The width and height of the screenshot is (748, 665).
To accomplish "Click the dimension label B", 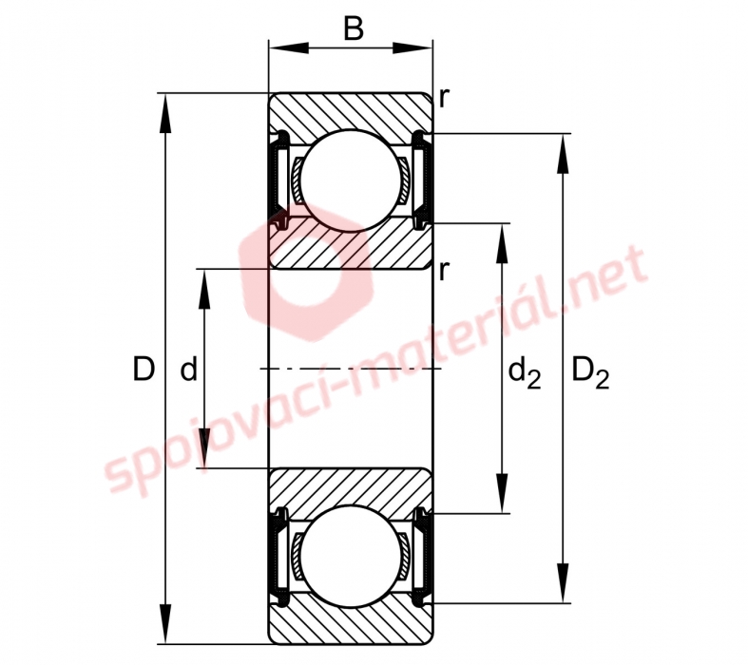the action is [x=353, y=29].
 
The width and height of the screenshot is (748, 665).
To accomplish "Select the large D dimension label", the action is [x=144, y=369].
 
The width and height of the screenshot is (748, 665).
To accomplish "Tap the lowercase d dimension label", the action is [x=189, y=369].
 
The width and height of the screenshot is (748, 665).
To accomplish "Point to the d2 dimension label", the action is [x=525, y=373].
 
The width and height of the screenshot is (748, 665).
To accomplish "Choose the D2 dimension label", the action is [x=590, y=373].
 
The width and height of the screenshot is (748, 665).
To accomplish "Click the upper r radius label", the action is [x=444, y=98].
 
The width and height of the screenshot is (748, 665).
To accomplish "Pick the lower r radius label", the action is [x=444, y=272].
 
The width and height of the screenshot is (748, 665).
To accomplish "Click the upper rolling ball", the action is [x=353, y=180].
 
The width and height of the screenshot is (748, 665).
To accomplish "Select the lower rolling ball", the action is [x=353, y=557].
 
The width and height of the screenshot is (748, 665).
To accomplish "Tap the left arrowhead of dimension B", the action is [x=288, y=48].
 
